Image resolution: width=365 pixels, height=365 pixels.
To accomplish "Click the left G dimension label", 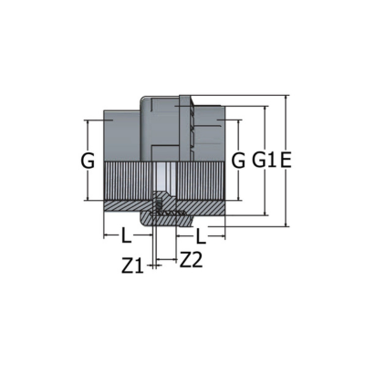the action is coord(88,161).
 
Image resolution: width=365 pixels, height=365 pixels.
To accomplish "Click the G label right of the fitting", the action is coord(238,161).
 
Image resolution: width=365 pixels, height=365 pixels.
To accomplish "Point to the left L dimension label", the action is coord(127,235).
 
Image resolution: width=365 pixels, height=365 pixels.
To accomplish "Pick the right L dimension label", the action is coord(201,236).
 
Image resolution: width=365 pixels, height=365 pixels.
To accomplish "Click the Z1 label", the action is coord(132,266).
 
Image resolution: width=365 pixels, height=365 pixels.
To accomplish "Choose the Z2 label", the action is coord(191,260).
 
